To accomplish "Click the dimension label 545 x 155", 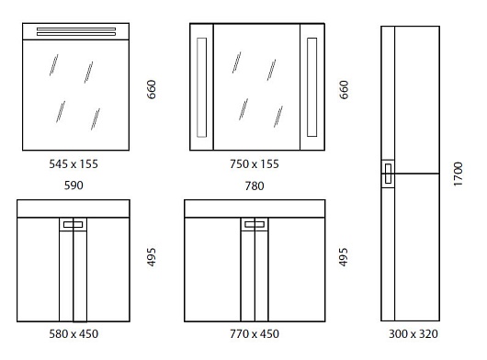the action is (74, 163).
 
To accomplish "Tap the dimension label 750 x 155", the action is (255, 163).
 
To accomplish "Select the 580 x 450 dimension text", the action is (74, 334).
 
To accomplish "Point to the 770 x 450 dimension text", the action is (255, 334).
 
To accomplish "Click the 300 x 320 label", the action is (413, 334).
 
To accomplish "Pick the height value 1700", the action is (459, 174).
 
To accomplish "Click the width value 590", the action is (74, 186).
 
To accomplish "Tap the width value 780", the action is (255, 186).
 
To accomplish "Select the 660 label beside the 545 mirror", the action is (152, 90).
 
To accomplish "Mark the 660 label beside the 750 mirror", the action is (344, 90).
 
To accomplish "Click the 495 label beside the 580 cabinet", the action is (152, 257).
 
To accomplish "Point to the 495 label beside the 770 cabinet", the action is (344, 257).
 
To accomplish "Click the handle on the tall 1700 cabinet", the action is (388, 174).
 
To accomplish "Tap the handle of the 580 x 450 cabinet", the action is (74, 224).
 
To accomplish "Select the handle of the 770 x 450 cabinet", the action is (255, 224).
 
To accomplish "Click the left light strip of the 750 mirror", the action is (201, 87).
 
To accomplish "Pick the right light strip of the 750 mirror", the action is (312, 87).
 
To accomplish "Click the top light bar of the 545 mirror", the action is (76, 31).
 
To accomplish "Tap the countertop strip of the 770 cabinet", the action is (255, 208).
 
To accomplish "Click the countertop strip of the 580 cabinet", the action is (74, 208).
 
